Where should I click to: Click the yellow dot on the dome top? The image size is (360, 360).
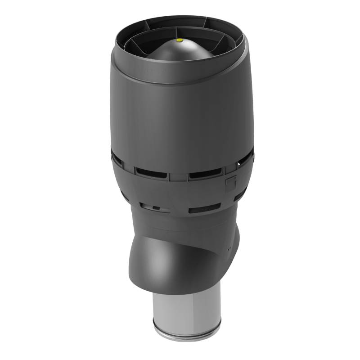[x=180, y=40]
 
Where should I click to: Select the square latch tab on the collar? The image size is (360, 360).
[x=231, y=182]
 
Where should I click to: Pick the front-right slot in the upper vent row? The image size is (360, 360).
[x=205, y=172]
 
